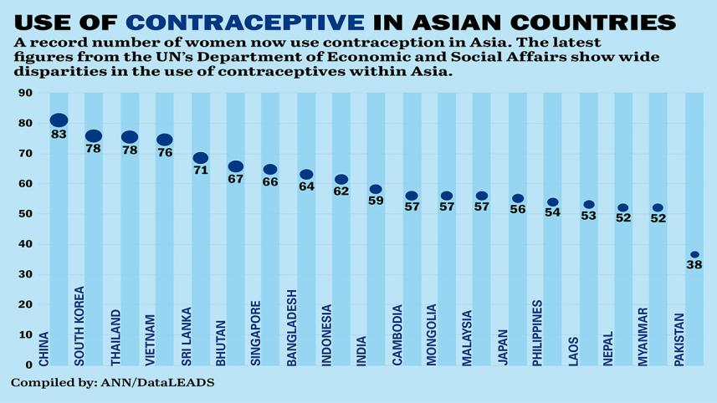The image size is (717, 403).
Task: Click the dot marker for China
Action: pos(59,121)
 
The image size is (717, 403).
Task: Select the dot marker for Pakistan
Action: pos(694,255)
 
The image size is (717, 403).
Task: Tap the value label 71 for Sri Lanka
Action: pos(201,171)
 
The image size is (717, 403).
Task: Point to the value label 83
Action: pos(59,135)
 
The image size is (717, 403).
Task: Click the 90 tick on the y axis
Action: pos(26,94)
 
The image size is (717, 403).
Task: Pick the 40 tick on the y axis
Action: pos(26,244)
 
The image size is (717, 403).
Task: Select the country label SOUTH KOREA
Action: pos(79,326)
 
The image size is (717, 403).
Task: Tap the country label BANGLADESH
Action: pos(292,328)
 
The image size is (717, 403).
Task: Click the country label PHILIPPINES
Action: pos(537,333)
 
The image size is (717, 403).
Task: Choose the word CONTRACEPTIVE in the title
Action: pos(245,22)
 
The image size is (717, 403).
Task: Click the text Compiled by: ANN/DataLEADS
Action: pos(112,382)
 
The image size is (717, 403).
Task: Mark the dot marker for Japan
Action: pos(518,199)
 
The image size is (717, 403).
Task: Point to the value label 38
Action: pos(694,266)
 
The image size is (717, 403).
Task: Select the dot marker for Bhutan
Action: pos(236,167)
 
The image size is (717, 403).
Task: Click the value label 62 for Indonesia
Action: pos(341,191)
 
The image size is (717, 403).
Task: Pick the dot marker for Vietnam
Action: pos(165,140)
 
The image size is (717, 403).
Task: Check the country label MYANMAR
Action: pos(643,336)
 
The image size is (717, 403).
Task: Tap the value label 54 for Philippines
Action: pos(553,213)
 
